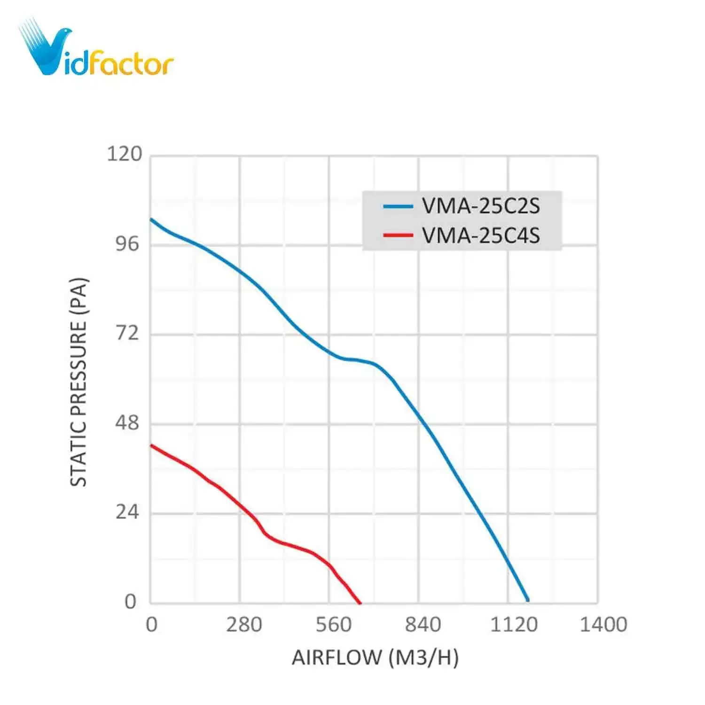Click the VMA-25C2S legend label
pos(481,206)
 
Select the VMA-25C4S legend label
pos(481,235)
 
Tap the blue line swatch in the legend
pos(398,206)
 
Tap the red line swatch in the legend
pos(398,235)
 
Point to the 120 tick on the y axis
pos(125,154)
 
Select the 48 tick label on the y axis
pos(127,423)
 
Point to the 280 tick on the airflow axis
pos(244,625)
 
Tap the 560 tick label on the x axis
pos(333,625)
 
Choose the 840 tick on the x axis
pos(423,625)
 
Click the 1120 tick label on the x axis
pos(513,625)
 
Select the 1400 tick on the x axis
pos(603,625)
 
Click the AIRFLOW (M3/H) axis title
pos(375,657)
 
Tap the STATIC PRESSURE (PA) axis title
pos(78,382)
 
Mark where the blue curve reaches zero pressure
pos(528,601)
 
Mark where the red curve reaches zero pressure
pos(360,603)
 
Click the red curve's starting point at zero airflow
pos(151,445)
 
